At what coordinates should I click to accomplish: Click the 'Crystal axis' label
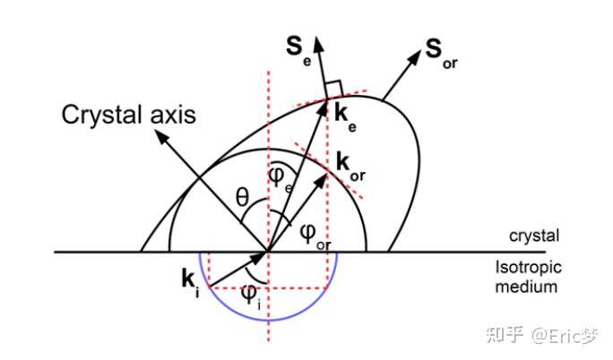pyautogui.click(x=130, y=116)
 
